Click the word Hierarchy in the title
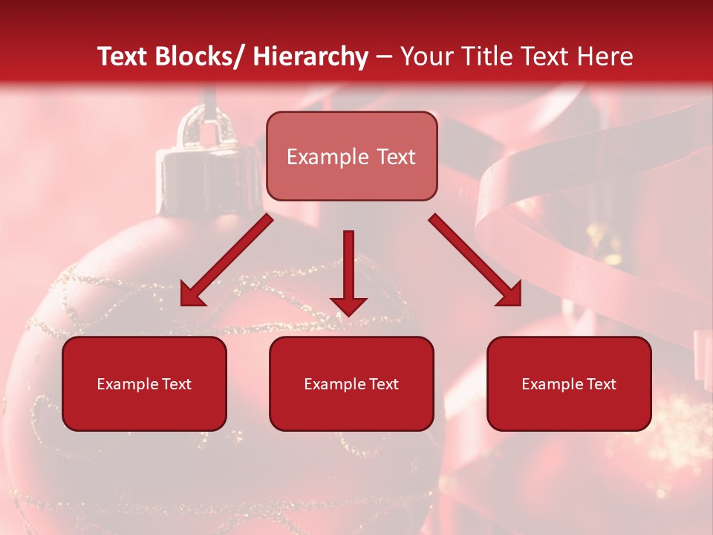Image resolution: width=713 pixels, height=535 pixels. point(310,56)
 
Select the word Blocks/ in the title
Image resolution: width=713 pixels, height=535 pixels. point(201,56)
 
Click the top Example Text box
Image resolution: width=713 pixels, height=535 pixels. point(351,156)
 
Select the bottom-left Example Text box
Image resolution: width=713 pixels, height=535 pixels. point(144,383)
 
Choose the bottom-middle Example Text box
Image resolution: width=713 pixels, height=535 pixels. point(351,383)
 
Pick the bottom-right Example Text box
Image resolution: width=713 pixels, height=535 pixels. point(569,383)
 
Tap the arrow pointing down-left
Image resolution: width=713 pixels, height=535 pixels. point(227,260)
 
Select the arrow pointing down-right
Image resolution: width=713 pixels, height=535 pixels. point(475,260)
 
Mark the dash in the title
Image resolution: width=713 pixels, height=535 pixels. point(384,56)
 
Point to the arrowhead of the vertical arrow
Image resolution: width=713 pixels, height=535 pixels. point(348,305)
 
